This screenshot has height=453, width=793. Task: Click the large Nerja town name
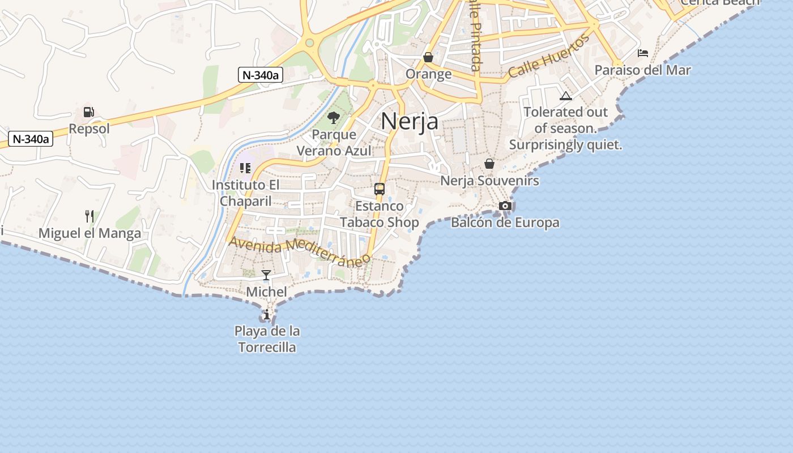tap(410, 121)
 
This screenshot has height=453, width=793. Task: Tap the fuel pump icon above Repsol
tap(88, 112)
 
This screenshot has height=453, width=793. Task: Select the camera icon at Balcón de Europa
tap(505, 206)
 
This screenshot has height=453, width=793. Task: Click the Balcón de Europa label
tap(505, 223)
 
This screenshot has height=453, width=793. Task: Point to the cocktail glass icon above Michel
tap(266, 276)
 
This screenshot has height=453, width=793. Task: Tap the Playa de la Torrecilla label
tap(267, 339)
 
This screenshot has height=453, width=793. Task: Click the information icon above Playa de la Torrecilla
tap(267, 314)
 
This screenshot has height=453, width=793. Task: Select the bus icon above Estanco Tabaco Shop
tap(380, 189)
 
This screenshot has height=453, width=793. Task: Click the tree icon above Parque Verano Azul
tap(334, 118)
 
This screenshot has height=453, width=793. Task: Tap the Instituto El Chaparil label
tap(246, 193)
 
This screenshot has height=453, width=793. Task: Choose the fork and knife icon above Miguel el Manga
tap(89, 216)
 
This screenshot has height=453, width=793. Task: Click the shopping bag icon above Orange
tap(428, 57)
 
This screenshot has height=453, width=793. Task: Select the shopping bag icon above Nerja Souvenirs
tap(489, 164)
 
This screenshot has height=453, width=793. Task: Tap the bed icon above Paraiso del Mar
tap(643, 53)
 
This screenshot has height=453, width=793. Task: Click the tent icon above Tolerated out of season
tap(565, 96)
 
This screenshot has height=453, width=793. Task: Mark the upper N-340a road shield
tap(261, 75)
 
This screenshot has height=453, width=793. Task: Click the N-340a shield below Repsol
tap(31, 139)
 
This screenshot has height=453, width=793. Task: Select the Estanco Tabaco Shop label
tap(380, 214)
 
